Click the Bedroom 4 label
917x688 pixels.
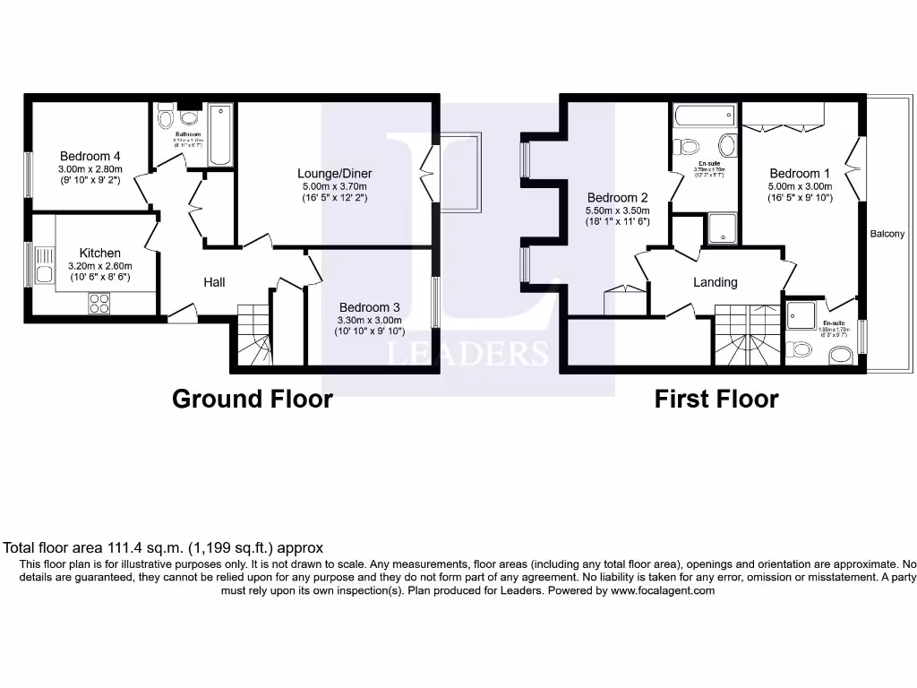90,156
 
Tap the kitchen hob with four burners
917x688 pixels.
99,304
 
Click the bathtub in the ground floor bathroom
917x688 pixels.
220,135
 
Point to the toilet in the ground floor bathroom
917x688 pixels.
165,118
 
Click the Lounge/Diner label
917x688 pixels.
335,173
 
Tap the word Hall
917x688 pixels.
214,282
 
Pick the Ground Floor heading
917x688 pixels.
252,399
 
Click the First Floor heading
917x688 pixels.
716,399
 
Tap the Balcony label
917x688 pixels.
891,234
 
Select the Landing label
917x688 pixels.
716,282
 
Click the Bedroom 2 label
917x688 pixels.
617,198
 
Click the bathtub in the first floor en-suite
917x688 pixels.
705,116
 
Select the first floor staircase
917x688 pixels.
747,336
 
